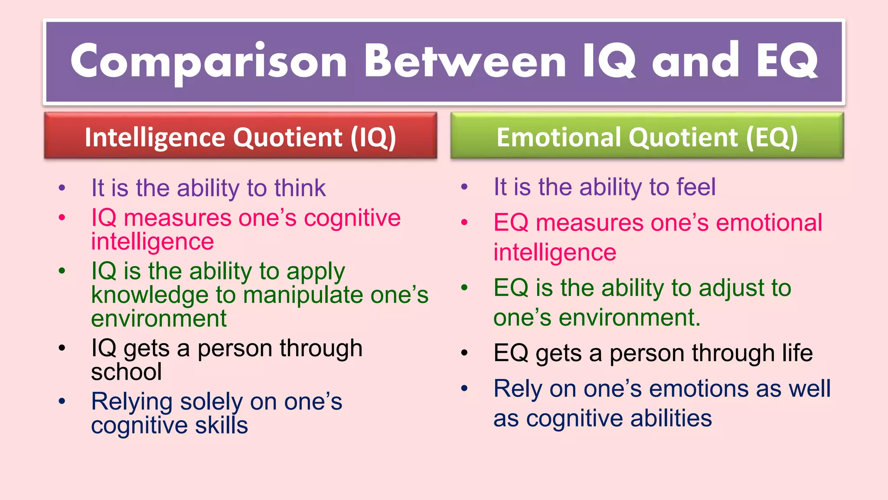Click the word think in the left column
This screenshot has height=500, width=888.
click(x=300, y=188)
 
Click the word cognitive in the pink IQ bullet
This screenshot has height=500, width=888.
click(x=352, y=218)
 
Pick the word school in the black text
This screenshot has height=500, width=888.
click(x=126, y=372)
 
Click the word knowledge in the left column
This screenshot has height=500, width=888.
click(x=150, y=295)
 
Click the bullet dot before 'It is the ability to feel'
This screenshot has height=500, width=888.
click(x=464, y=187)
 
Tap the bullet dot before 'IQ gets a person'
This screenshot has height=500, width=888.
click(x=62, y=348)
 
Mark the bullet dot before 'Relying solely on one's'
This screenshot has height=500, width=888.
click(x=62, y=401)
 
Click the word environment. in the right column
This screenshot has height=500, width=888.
click(x=629, y=318)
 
